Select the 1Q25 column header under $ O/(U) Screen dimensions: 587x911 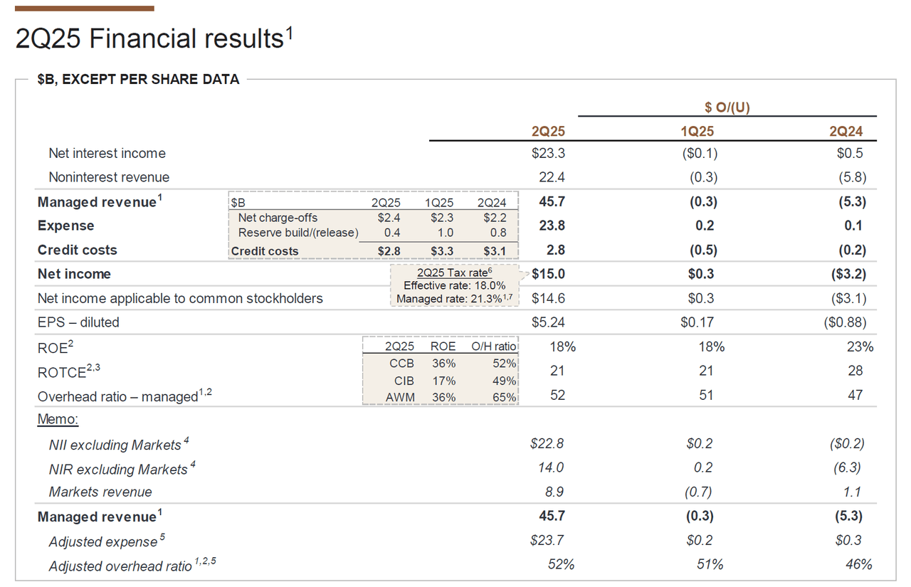point(697,132)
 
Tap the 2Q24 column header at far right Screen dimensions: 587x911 point(847,132)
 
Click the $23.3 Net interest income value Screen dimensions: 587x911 point(548,154)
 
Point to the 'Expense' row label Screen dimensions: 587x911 point(65,226)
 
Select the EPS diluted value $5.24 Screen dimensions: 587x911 point(548,322)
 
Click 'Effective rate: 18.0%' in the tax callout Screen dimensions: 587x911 point(454,286)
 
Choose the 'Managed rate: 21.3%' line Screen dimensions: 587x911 point(453,299)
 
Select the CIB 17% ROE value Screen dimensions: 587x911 point(443,381)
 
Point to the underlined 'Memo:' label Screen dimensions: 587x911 point(58,419)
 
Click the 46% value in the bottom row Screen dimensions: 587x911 point(858,565)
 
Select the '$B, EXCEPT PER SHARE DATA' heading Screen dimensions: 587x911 point(138,80)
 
